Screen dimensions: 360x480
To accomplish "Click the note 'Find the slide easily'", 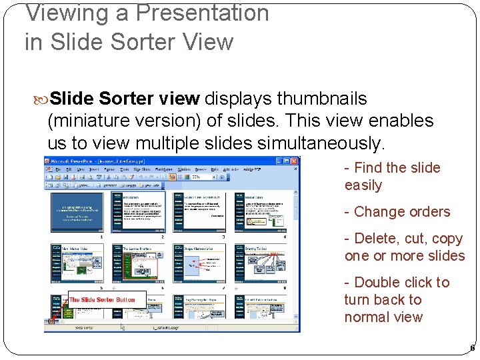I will point(392,177).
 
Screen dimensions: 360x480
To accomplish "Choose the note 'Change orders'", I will point(397,212).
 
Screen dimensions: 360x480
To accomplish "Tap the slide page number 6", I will point(472,348).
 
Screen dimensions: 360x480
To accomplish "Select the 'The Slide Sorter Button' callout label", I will point(101,300).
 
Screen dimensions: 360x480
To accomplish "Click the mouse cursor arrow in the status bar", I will point(122,327).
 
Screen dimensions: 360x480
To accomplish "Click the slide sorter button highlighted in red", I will point(51,321).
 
